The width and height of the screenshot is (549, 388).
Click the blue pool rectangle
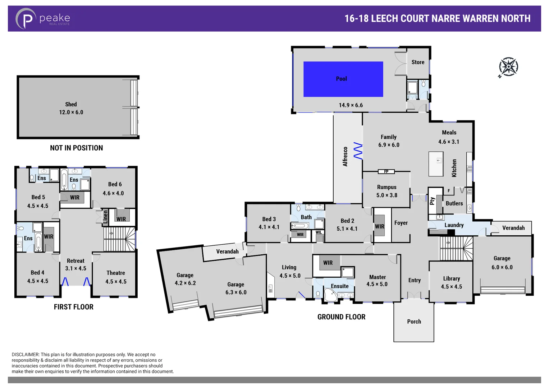coord(343,79)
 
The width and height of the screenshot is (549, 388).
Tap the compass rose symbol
coord(508,67)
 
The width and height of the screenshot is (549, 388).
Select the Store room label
coord(418,62)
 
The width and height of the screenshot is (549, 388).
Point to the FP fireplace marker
coord(386,172)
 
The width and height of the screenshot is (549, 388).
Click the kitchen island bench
coord(436,164)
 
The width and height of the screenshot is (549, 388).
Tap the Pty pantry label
coord(432,201)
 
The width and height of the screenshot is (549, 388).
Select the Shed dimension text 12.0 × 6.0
coord(71,112)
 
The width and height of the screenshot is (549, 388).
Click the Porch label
coord(414,322)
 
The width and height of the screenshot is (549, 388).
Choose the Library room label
coord(451,278)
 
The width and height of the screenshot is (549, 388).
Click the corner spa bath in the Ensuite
coord(330,295)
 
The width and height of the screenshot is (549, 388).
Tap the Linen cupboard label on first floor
coord(105,217)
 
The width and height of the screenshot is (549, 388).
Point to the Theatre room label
coord(116,273)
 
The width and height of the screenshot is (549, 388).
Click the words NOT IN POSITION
coord(76,148)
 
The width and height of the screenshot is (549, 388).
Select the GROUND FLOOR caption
coord(341,317)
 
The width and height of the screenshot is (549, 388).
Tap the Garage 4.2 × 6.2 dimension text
coord(185,283)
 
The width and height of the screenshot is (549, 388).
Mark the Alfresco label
coord(345,157)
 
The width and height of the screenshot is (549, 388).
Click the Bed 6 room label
coord(115,184)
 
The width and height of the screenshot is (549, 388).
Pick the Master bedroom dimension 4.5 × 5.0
coord(377,284)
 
